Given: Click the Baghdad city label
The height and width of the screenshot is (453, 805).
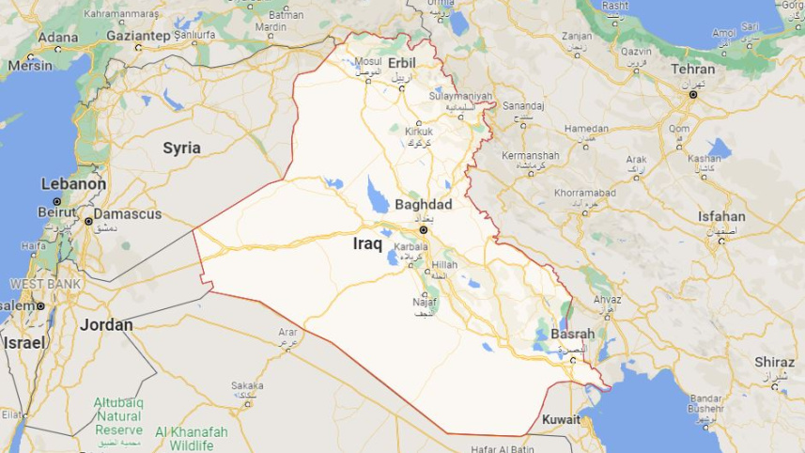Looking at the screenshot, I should [x=424, y=205].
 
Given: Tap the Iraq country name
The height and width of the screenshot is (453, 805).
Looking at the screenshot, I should [x=367, y=243].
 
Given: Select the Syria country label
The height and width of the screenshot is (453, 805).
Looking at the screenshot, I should [x=181, y=148].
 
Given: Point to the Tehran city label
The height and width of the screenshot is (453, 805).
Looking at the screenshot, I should [x=692, y=70].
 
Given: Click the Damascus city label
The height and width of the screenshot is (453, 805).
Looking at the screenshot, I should [x=126, y=214].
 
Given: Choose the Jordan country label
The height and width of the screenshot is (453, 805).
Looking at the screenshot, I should [x=106, y=324].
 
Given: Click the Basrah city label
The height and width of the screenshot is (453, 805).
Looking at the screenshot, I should [x=573, y=334].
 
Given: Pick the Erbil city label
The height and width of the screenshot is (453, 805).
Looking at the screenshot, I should [x=402, y=62].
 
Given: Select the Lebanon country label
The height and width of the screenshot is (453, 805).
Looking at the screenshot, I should [x=72, y=184].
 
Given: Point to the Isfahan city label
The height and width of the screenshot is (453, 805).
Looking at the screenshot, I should [x=721, y=216].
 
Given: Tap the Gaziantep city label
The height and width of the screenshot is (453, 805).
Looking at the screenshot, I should [x=136, y=36].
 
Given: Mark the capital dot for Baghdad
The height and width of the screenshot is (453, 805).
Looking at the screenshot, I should [x=423, y=229].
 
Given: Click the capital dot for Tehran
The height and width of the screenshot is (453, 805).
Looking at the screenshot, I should [x=693, y=95].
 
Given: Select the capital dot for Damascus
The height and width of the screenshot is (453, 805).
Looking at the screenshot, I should [x=88, y=222].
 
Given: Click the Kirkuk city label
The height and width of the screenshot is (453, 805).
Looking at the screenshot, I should [x=419, y=132].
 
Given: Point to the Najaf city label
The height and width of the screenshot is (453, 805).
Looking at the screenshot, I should [x=425, y=302].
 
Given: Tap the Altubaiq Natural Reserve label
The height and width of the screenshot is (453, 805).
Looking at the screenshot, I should [x=118, y=415].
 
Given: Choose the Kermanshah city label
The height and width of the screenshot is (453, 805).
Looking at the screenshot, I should [x=530, y=155].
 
